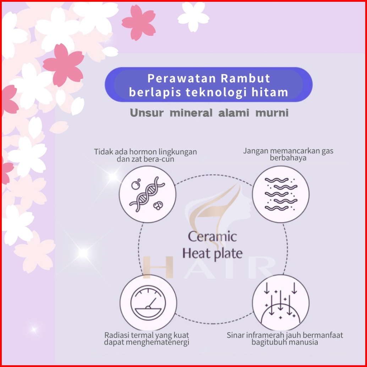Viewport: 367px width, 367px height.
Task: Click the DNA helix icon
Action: tap(147, 194)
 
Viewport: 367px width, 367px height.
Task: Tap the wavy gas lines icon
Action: tap(281, 194)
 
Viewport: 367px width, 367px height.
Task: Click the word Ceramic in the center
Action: tap(212, 236)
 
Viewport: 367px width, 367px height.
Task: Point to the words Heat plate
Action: tap(212, 253)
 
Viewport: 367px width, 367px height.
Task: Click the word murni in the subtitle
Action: tap(272, 113)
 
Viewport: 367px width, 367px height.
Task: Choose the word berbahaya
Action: tap(288, 158)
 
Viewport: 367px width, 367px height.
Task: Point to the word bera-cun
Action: tap(159, 159)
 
